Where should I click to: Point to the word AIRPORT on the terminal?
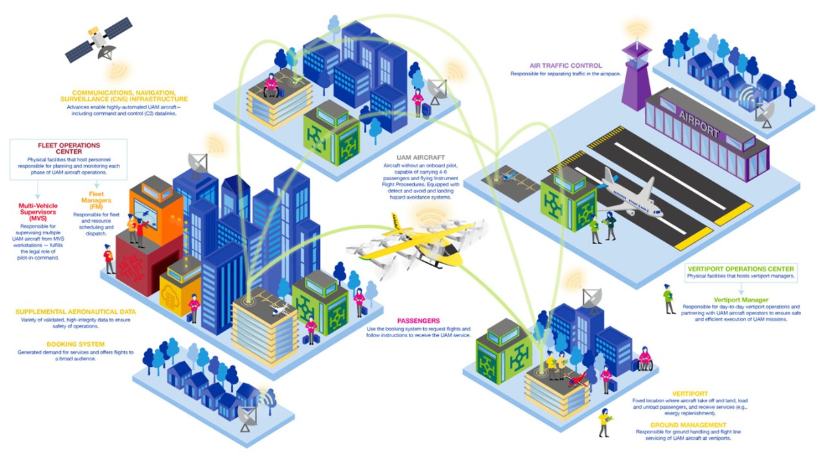coord(698,123)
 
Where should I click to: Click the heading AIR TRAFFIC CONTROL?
coord(565,65)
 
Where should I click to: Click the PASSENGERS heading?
coord(418,320)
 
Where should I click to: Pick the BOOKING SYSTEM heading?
coord(75,344)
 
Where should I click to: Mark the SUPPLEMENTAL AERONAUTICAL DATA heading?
coord(76,311)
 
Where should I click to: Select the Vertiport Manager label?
coord(741,300)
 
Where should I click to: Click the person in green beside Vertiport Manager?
coord(669,299)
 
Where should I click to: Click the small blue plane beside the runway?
coord(510,175)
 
